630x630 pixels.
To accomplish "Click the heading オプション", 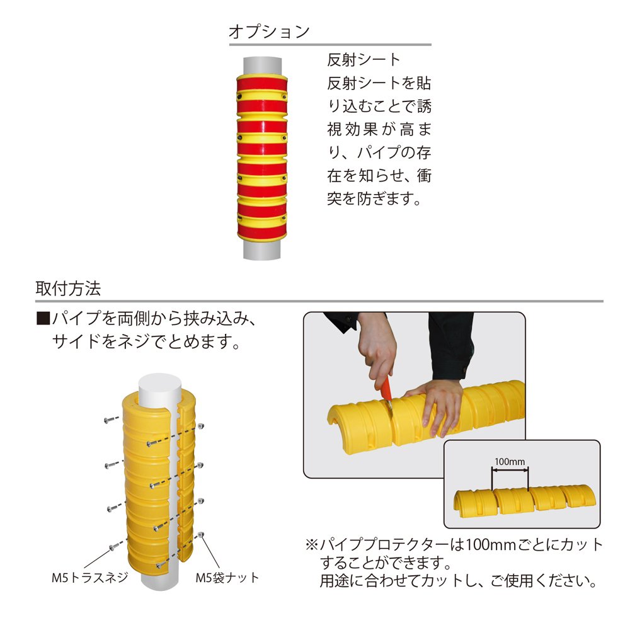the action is pyautogui.click(x=269, y=31).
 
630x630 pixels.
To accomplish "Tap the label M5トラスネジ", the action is pyautogui.click(x=90, y=576).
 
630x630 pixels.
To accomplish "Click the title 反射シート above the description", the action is pyautogui.click(x=364, y=60).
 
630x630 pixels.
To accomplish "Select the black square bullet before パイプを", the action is pyautogui.click(x=43, y=319).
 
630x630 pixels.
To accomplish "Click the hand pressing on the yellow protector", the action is pyautogui.click(x=440, y=403).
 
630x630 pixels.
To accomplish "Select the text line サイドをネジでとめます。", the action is pyautogui.click(x=144, y=342).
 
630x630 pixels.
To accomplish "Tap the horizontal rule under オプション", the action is pyautogui.click(x=329, y=45).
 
